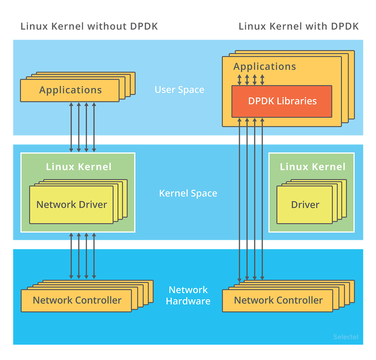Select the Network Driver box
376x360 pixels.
click(71, 204)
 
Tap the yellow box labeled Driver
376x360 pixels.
click(304, 205)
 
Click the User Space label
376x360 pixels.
click(179, 90)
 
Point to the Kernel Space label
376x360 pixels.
click(188, 193)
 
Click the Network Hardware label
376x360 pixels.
click(188, 295)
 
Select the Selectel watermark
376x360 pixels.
click(345, 337)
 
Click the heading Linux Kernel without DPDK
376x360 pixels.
click(89, 26)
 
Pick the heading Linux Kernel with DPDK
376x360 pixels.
click(298, 26)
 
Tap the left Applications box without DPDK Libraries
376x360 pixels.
click(70, 90)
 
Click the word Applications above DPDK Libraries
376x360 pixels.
click(265, 66)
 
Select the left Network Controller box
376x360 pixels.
click(76, 300)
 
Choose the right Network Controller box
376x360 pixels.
click(278, 300)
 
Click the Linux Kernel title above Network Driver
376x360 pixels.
click(79, 167)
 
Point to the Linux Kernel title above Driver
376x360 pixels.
click(312, 167)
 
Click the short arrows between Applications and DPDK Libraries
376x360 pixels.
click(251, 79)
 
